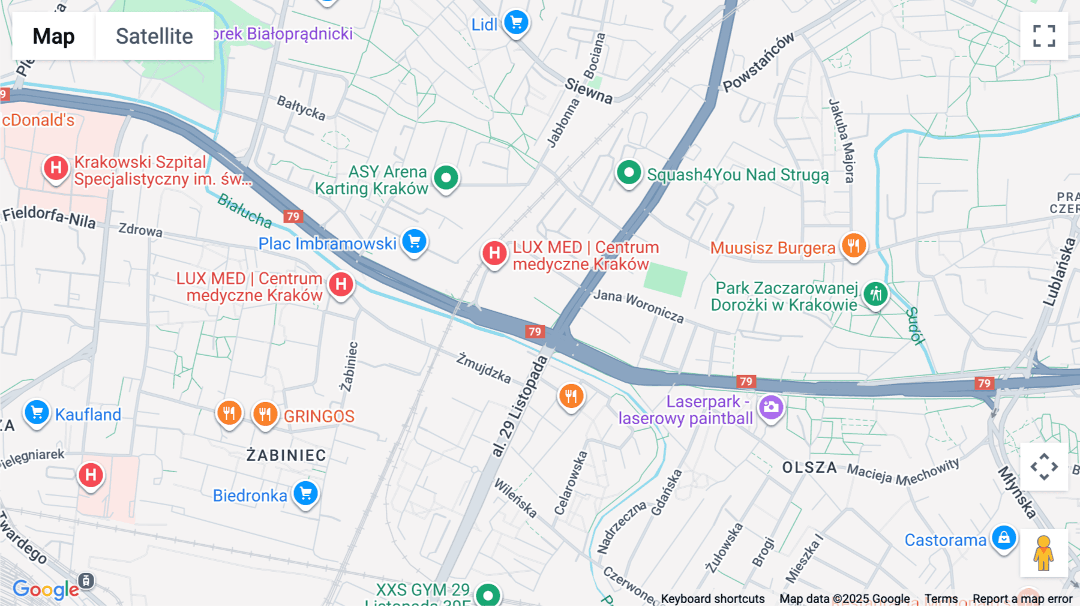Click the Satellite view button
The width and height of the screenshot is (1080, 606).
154,36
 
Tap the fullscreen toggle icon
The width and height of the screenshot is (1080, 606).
1044,36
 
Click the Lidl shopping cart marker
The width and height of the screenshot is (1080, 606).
516,23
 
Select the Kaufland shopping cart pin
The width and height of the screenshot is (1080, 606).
37,413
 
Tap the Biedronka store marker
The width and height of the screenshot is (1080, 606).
306,494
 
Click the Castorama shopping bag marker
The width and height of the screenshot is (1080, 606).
1004,538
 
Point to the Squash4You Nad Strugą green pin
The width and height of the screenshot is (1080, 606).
629,173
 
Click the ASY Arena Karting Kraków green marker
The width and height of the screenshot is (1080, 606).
446,178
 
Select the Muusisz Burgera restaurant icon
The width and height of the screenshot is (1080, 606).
853,245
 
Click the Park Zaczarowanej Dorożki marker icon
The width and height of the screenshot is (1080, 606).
875,294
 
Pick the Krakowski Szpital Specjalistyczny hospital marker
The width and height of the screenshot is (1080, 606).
56,168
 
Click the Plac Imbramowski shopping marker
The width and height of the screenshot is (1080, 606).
414,242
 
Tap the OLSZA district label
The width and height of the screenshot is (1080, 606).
809,467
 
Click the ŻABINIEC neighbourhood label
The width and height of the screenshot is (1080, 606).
286,455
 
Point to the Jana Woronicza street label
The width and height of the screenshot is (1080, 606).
638,305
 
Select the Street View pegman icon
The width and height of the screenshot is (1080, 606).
1043,553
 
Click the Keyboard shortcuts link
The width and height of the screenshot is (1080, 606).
712,599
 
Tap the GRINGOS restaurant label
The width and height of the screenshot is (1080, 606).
319,416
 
